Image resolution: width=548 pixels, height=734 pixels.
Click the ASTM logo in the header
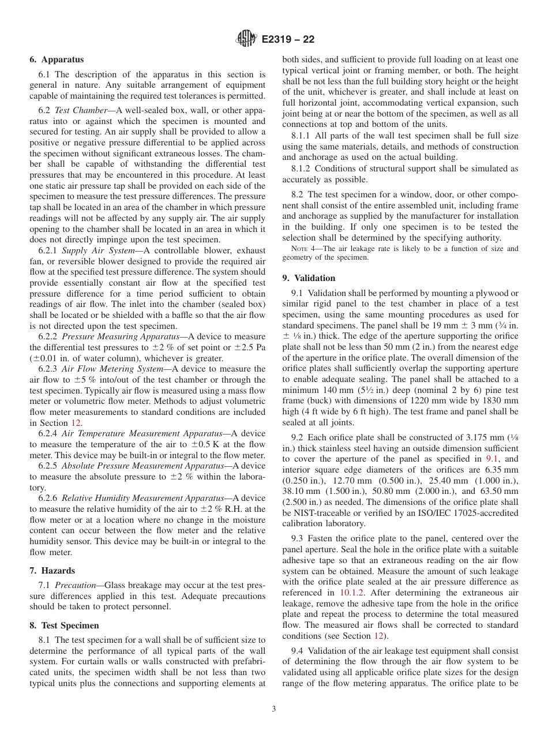(247, 39)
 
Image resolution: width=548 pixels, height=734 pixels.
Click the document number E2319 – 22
(288, 40)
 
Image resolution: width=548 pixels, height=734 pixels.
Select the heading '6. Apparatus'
(57, 59)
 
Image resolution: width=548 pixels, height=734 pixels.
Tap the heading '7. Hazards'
(52, 571)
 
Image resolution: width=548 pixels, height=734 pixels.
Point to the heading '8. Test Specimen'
(64, 626)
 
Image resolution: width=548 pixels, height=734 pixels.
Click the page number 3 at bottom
(274, 709)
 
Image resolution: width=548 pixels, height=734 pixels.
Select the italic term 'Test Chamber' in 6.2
(81, 110)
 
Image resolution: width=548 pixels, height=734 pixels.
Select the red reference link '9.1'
(495, 459)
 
